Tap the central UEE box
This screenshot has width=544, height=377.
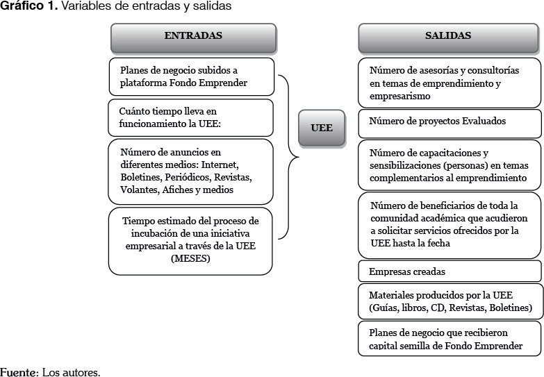point(322,128)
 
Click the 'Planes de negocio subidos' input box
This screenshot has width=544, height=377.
point(191,76)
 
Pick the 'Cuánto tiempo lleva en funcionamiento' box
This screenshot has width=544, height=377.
point(191,117)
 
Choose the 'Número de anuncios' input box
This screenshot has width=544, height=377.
point(191,170)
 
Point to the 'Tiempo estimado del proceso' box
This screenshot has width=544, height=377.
point(190,240)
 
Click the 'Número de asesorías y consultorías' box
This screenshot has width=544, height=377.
point(450,83)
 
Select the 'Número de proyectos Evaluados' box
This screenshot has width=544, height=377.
point(450,122)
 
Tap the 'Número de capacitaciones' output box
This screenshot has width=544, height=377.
point(450,165)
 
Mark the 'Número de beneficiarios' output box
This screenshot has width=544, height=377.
point(450,224)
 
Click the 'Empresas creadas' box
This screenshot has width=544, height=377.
point(450,271)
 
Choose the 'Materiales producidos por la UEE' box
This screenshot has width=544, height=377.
point(450,301)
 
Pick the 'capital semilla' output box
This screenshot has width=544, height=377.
point(450,338)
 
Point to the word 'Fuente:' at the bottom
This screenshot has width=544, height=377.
point(19,371)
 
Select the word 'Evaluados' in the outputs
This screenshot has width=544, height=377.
point(482,122)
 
